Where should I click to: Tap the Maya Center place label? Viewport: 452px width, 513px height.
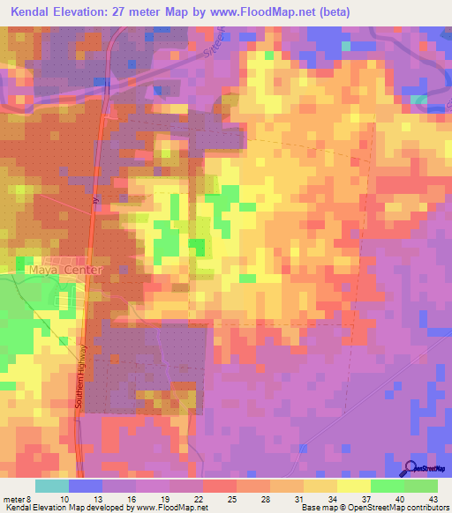coord(65,270)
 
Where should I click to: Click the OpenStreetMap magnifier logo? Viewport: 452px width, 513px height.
coord(411,468)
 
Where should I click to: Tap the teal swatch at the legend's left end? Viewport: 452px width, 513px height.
coord(52,486)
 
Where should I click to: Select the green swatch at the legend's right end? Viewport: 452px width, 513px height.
coord(421,486)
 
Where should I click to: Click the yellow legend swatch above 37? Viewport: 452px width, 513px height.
coord(354,486)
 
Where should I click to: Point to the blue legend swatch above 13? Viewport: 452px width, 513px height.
coord(86,486)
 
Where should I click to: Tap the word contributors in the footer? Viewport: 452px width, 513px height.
coord(426,508)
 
